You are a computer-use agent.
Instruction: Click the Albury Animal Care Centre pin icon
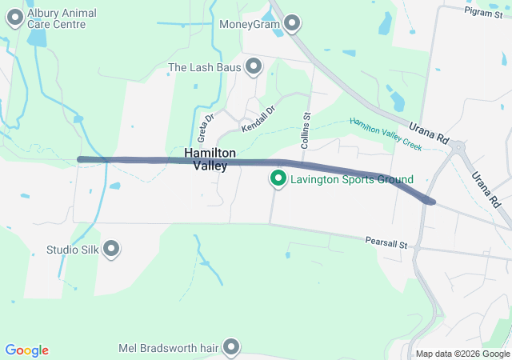14,19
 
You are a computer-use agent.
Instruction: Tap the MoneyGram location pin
292,23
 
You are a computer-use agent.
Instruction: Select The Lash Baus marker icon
254,67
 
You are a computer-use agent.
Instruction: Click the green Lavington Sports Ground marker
278,179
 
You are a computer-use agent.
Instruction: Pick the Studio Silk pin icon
111,250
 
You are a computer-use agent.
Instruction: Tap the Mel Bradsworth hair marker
231,347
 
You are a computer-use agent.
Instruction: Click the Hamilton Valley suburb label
210,158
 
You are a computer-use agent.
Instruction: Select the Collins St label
306,128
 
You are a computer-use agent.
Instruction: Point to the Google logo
26,350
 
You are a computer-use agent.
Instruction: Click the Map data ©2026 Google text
462,354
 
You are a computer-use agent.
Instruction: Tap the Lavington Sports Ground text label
351,179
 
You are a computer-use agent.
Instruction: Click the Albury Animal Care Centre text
62,19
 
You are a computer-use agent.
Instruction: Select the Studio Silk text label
72,250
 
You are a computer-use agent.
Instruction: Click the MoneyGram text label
250,23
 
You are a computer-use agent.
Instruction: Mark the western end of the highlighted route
80,159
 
